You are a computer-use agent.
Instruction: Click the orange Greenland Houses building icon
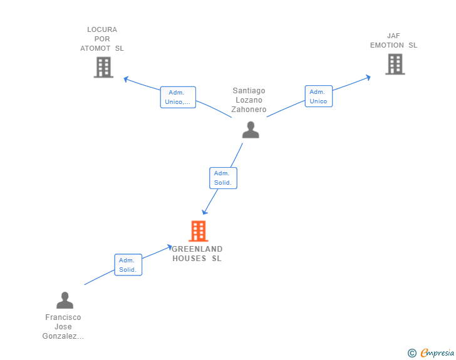coord(199,231)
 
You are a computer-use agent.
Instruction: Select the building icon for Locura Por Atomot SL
coord(103,68)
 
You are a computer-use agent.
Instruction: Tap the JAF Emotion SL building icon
coord(395,64)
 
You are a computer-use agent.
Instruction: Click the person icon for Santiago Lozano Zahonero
coord(251,130)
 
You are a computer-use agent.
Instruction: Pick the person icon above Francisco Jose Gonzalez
coord(65,300)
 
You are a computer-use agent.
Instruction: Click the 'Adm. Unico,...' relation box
coord(178,97)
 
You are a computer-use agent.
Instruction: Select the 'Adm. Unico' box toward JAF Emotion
coord(319,96)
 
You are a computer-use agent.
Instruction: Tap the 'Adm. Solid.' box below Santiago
coord(224,178)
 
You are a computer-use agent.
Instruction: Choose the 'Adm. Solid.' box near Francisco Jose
coord(128,265)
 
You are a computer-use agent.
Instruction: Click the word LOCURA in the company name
coord(102,29)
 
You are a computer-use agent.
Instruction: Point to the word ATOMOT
coord(95,48)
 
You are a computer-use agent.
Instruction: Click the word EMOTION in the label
coord(387,45)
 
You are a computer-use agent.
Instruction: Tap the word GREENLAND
coord(197,249)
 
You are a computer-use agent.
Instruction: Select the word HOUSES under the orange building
coord(189,259)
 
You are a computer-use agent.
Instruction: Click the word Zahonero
coord(249,110)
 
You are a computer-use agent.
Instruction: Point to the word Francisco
coord(63,317)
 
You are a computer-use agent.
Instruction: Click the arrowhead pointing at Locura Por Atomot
coord(126,79)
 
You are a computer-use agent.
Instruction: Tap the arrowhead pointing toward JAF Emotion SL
coord(368,78)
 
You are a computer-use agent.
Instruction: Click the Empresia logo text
coord(437,352)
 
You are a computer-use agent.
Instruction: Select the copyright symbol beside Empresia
coord(412,353)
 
